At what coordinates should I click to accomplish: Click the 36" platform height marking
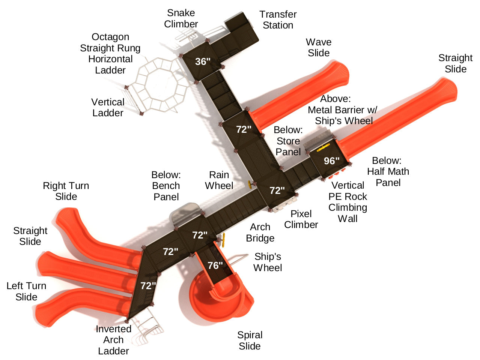click(x=203, y=61)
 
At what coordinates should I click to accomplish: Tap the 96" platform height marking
click(x=331, y=161)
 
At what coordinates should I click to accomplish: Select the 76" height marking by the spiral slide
click(x=215, y=265)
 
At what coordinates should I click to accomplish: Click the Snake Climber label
click(x=181, y=18)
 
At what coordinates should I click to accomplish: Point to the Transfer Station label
click(x=278, y=20)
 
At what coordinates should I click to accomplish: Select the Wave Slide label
click(x=319, y=48)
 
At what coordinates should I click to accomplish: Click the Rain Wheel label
click(x=219, y=180)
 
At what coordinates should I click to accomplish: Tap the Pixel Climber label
click(x=301, y=219)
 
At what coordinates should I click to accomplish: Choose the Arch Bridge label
click(x=260, y=232)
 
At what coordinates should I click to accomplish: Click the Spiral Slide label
click(x=250, y=340)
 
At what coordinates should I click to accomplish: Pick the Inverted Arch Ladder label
click(x=113, y=340)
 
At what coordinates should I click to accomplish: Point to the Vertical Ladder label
click(x=108, y=108)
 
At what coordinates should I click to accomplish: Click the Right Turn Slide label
click(x=66, y=191)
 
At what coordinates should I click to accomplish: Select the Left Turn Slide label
click(x=26, y=291)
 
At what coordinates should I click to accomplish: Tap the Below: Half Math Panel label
click(x=388, y=172)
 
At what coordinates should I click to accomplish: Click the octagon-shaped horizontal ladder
click(x=158, y=85)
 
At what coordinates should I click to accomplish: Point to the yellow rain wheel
click(x=249, y=184)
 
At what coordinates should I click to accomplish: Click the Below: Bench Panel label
click(x=166, y=186)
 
